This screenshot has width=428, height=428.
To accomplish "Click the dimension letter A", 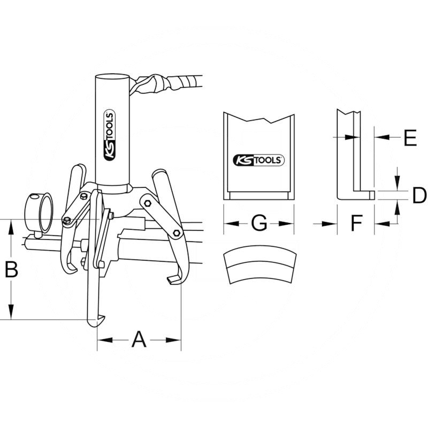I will tap(139, 339).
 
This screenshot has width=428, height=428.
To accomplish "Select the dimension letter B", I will tap(11, 270).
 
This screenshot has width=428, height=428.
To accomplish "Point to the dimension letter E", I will tap(410, 138).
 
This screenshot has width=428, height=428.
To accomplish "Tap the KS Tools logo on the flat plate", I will tap(259, 159).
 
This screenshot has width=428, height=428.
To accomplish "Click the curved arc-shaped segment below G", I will tap(259, 266).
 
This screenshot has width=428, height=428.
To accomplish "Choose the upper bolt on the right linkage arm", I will tap(146, 203).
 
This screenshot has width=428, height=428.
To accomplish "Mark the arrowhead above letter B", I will tap(11, 227).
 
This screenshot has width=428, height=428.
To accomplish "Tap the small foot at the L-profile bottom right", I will tap(370, 195).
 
